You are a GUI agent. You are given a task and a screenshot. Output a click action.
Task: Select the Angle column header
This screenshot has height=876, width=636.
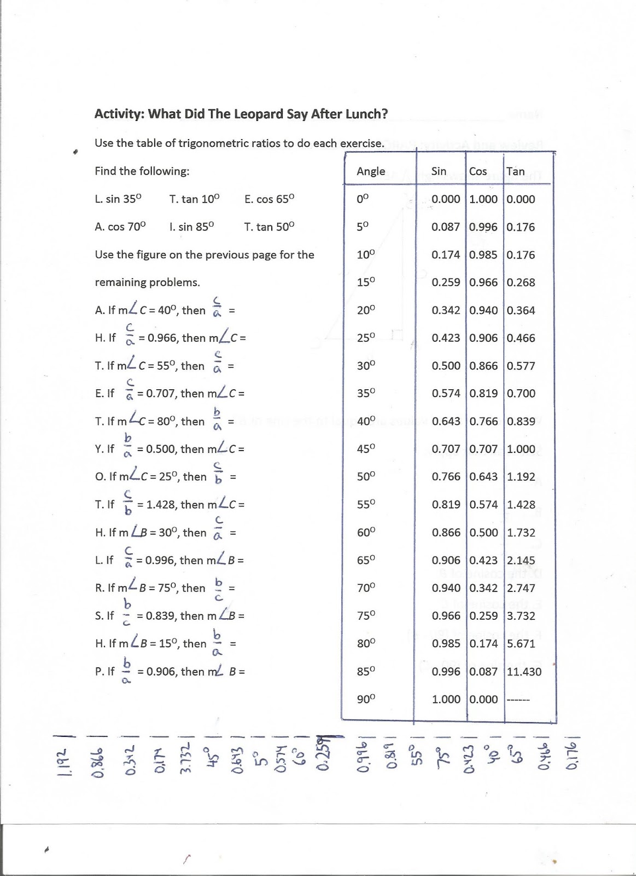tap(371, 171)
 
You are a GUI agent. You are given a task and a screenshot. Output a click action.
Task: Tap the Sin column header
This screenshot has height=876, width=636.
tap(439, 171)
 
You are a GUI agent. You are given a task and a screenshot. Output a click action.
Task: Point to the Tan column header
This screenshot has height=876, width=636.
tap(515, 171)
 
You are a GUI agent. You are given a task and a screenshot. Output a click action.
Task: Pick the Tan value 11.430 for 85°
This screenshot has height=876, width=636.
tap(524, 672)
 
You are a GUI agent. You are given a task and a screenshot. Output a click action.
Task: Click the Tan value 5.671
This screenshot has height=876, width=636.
tap(521, 644)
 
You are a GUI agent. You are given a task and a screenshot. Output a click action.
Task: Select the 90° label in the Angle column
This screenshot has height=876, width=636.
tap(366, 699)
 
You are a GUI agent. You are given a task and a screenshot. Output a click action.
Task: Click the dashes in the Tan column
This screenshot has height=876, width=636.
tap(518, 700)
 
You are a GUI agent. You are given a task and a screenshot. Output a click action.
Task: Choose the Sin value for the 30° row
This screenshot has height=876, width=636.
tap(446, 366)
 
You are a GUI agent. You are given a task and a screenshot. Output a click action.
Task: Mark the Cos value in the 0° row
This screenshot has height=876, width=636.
tap(483, 199)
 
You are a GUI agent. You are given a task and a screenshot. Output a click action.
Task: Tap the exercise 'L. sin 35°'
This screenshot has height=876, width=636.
tap(118, 199)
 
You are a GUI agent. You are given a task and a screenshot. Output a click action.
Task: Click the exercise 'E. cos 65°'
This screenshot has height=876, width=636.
tap(269, 199)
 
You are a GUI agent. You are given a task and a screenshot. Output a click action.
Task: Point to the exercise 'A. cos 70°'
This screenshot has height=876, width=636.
tap(120, 227)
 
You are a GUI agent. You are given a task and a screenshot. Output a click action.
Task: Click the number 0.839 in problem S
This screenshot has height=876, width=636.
tap(161, 616)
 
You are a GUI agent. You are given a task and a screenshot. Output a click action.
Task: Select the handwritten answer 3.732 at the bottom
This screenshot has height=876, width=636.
tap(186, 758)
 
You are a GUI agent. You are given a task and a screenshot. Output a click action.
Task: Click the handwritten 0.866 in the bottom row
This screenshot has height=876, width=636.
tap(98, 762)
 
